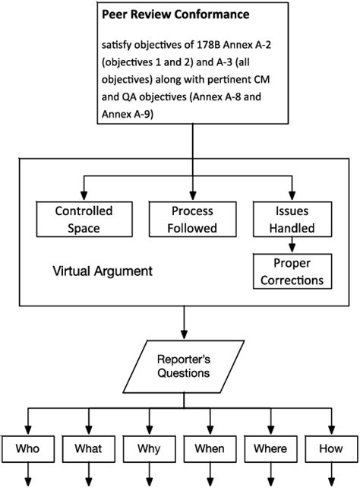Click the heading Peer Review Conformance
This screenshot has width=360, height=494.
175,14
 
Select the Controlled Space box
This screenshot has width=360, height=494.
84,220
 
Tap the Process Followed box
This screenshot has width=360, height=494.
192,220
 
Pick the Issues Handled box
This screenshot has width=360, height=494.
292,220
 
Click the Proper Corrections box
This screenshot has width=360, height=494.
292,271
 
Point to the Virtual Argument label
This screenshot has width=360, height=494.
103,271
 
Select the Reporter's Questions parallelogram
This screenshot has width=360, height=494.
184,366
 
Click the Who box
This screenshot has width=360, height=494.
27,449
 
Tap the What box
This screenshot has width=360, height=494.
89,449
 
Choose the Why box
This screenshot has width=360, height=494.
150,449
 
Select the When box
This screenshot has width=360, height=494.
210,449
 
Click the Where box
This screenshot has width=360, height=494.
270,449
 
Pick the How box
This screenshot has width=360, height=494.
331,449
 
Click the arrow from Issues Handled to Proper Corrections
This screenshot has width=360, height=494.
292,245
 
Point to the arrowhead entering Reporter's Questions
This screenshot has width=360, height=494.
185,335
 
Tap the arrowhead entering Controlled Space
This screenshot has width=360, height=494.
84,196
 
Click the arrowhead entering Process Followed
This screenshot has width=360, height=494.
193,196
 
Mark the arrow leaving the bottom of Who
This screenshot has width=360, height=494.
27,474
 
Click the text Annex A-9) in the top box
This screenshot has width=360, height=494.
128,114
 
